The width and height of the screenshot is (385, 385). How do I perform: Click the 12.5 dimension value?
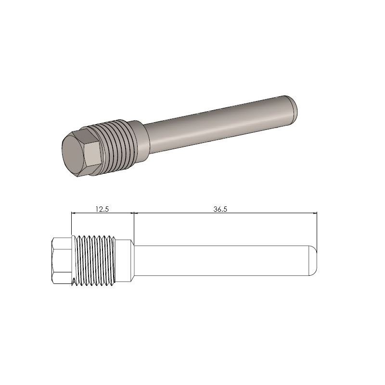[102, 209]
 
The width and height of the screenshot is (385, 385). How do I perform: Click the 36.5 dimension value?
[220, 209]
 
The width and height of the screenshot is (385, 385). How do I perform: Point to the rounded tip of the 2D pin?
[312, 260]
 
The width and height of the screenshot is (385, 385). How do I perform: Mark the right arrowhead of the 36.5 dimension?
[315, 213]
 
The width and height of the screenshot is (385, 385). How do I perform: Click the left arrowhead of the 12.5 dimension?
[73, 213]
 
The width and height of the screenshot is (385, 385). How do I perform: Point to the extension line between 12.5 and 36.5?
[133, 226]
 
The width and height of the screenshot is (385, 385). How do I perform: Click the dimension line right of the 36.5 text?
[269, 213]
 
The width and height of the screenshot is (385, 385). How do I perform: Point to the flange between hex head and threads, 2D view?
[72, 260]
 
